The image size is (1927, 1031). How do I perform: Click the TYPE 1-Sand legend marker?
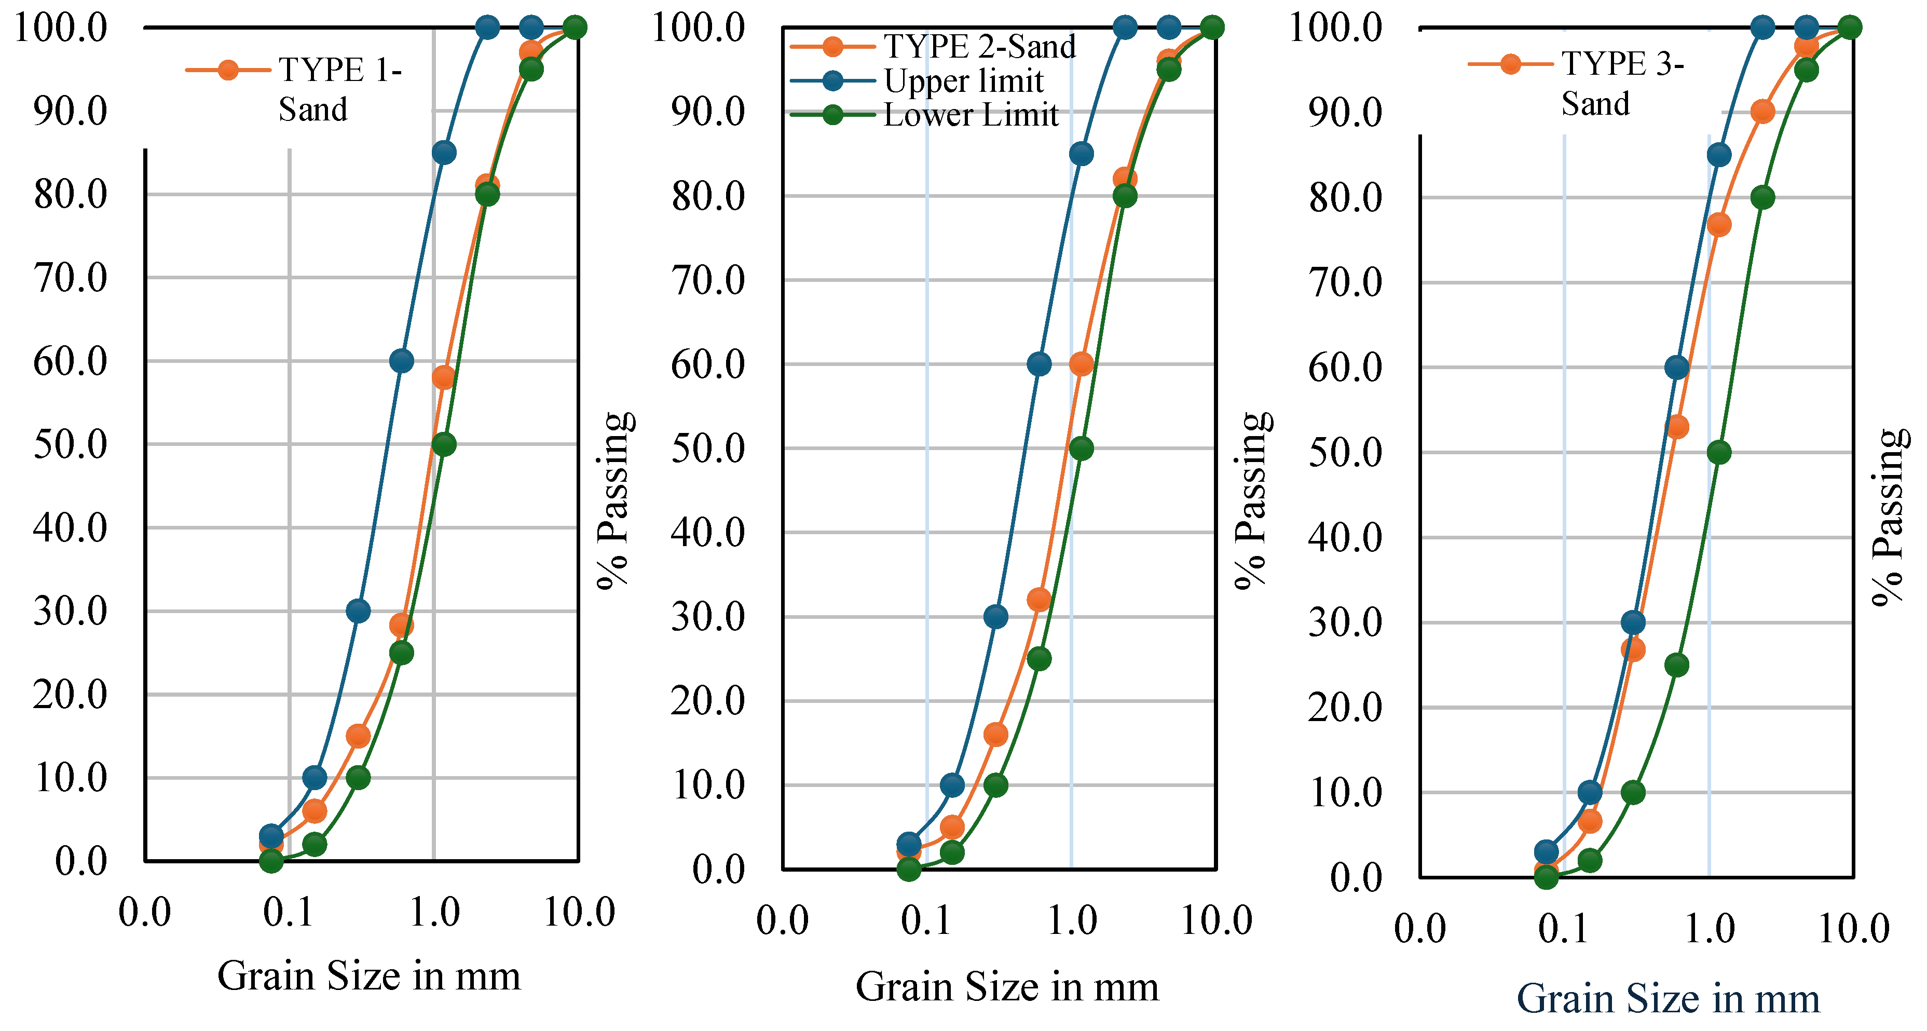228,70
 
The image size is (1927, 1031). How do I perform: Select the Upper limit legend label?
963,81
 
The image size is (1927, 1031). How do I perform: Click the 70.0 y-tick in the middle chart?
708,280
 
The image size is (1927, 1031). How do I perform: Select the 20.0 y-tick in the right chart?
1345,707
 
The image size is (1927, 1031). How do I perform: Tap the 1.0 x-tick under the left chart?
434,912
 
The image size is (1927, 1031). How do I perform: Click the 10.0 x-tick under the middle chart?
1217,920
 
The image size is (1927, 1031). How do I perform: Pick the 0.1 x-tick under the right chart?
1563,929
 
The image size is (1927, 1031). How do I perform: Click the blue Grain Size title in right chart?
1668,999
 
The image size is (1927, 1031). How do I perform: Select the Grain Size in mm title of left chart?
369,975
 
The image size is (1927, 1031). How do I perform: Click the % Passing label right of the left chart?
615,500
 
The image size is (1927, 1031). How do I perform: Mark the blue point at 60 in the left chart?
402,361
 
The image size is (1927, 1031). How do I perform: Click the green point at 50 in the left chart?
444,444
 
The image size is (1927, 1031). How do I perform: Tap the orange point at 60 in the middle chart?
1081,364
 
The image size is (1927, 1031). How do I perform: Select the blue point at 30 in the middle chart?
995,617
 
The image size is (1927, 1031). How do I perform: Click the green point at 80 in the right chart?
1762,197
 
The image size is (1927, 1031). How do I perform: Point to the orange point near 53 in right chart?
1677,427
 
